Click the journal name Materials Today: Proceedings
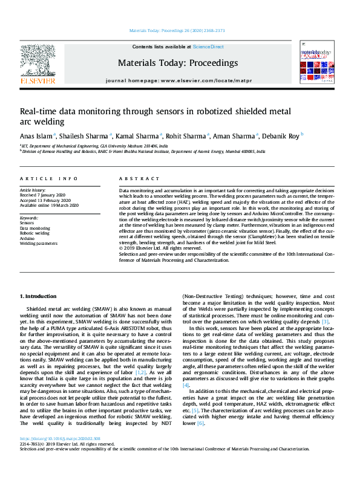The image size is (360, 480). coord(178,63)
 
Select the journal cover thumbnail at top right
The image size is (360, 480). coord(316,65)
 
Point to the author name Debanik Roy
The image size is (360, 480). coord(282,135)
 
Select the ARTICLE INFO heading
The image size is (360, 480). coord(48,179)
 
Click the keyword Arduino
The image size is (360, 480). coord(28,239)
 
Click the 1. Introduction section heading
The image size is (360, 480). coord(39,296)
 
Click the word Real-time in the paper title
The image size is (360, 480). coord(39,111)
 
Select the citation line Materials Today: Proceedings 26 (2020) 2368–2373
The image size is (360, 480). coord(177,31)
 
